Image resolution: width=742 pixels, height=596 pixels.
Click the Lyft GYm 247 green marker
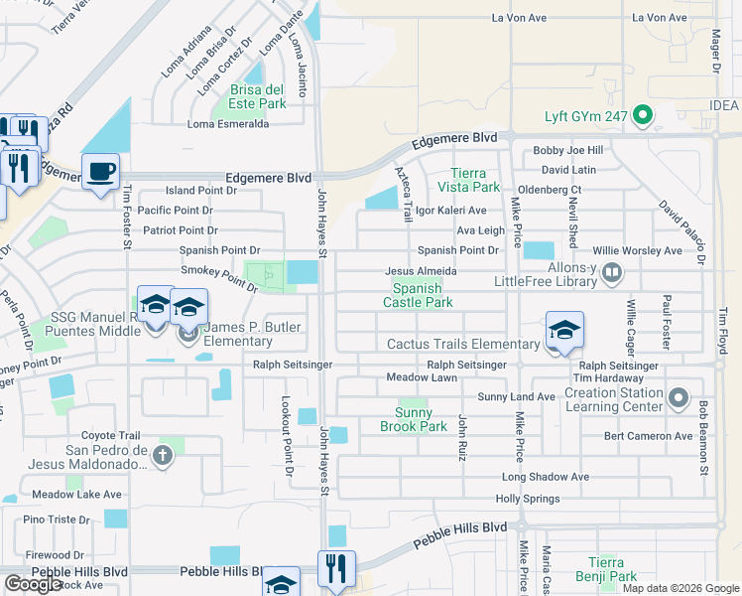coord(642,116)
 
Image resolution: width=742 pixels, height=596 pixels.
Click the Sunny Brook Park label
coord(414,419)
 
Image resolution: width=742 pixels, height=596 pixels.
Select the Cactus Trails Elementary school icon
coord(563,330)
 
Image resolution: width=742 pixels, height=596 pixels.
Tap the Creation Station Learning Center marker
coord(679,399)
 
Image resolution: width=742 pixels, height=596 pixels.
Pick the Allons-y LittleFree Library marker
coord(612,269)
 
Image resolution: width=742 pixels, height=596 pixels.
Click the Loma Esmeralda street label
coord(228,124)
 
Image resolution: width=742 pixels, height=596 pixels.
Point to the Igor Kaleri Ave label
coord(450,211)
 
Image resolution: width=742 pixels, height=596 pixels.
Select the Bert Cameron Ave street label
coord(649,436)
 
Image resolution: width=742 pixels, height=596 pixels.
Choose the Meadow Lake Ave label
coord(76,494)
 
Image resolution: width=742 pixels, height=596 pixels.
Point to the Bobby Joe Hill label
coord(567,151)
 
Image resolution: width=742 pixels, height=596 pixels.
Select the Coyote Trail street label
coord(111,435)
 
